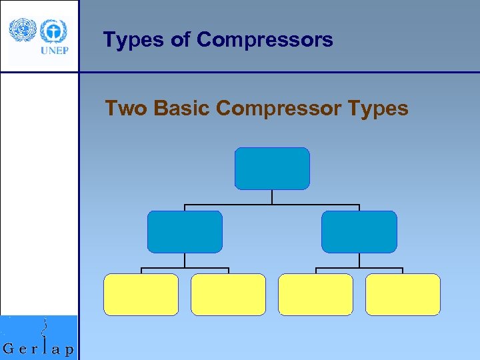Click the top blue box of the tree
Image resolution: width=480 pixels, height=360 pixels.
tap(272, 169)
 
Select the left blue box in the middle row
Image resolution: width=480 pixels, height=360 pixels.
tap(185, 232)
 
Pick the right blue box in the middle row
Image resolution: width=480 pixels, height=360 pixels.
tap(359, 232)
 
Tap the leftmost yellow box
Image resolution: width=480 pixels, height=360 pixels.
tap(141, 294)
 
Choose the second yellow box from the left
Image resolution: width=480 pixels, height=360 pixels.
tap(228, 294)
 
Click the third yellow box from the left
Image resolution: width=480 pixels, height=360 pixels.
tap(315, 294)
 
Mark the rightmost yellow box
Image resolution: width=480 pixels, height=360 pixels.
tap(403, 294)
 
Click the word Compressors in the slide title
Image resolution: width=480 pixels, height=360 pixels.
tap(265, 41)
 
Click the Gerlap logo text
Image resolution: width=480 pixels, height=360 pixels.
tap(39, 349)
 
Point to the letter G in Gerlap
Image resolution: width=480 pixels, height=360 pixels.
tap(9, 349)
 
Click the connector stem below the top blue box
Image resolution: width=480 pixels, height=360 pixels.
tap(272, 197)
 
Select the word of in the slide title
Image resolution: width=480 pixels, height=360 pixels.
tap(180, 40)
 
